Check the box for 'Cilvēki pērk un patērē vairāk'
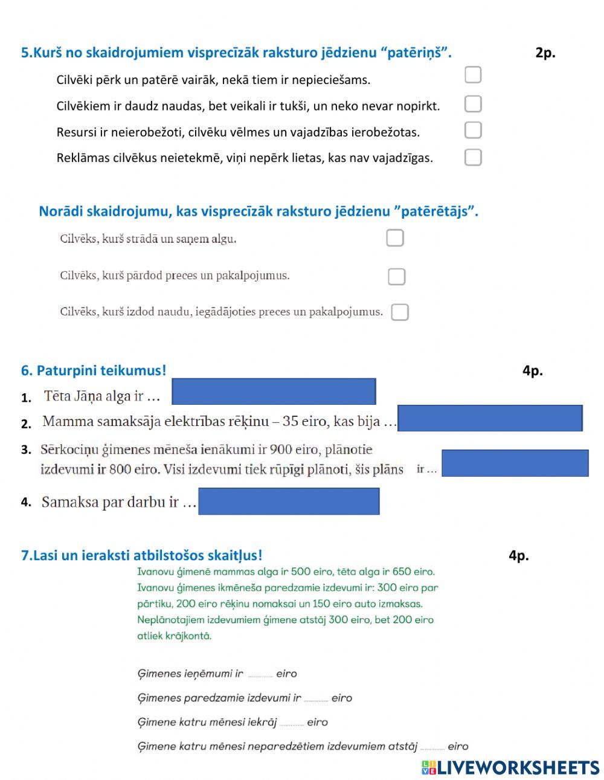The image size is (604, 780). click(473, 75)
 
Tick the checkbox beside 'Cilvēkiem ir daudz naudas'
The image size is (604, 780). click(473, 104)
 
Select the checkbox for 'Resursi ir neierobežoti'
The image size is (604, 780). click(473, 131)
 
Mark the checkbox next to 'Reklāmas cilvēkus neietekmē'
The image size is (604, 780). click(473, 157)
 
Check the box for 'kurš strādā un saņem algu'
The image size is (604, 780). click(395, 238)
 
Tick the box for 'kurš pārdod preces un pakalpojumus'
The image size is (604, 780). click(396, 277)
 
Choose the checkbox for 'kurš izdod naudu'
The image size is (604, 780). click(400, 312)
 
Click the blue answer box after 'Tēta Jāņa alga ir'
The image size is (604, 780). click(274, 392)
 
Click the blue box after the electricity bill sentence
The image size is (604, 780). click(490, 418)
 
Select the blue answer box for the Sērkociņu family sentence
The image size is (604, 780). click(515, 463)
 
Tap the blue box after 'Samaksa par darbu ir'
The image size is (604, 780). click(289, 501)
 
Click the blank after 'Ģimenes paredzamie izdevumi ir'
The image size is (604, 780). click(316, 700)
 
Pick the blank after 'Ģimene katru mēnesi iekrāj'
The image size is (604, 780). click(292, 724)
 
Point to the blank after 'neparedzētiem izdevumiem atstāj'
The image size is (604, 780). click(432, 748)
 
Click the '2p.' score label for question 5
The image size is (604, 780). click(545, 53)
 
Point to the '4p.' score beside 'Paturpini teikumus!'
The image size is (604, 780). click(532, 371)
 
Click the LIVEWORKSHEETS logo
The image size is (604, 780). click(510, 767)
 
